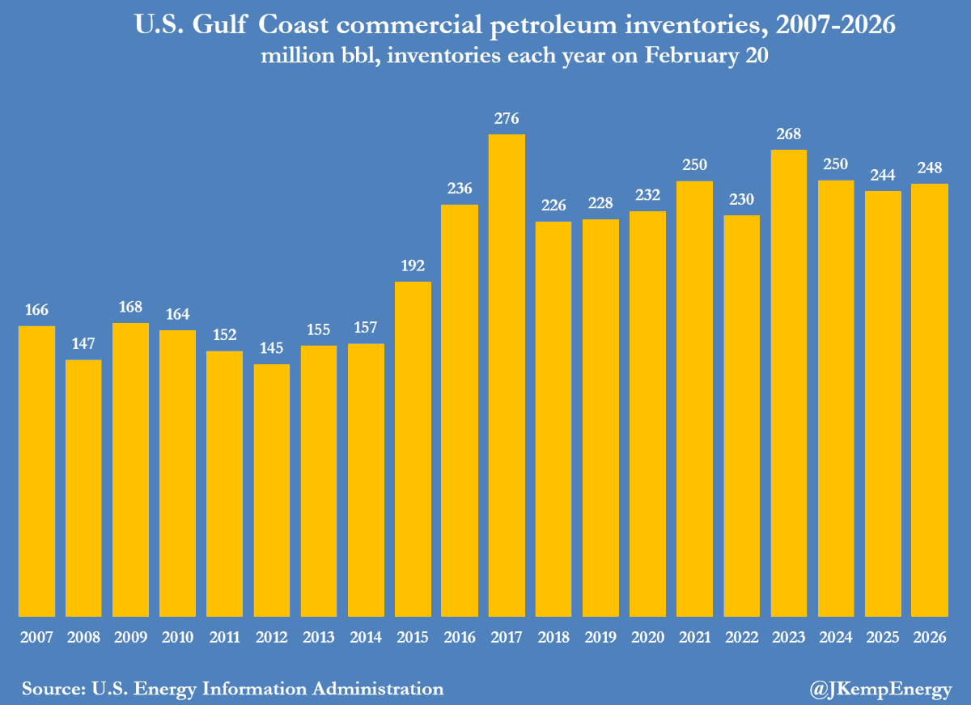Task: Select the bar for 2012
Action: coord(272,490)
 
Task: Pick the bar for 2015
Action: coord(413,448)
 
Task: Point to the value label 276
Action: coord(507,119)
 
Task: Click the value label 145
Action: coord(272,349)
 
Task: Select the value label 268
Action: coord(789,134)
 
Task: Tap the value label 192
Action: coord(413,266)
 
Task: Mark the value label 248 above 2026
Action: coord(930,168)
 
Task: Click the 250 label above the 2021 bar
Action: coord(694,165)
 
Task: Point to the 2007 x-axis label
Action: coord(36,638)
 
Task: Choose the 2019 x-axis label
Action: coord(600,638)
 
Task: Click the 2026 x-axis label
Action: coord(930,638)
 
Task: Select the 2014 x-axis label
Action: coord(366,638)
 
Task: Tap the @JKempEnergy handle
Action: coord(880,690)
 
